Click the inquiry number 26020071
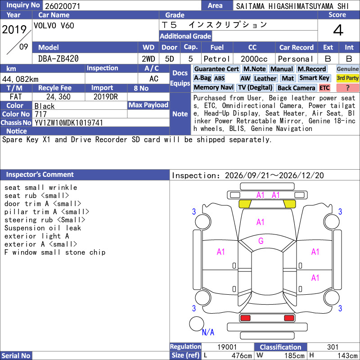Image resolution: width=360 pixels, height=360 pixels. coord(63,6)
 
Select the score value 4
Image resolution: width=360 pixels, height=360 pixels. coord(338,30)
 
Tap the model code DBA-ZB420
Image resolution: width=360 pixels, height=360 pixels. coord(58,59)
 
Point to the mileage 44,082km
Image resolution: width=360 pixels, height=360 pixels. coord(20,79)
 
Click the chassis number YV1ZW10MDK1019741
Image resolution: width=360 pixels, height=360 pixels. coord(68,123)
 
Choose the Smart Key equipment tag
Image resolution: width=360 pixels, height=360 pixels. coord(315,78)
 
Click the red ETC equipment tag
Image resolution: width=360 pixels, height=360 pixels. coord(324,88)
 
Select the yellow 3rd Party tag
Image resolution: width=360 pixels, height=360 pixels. coord(347,78)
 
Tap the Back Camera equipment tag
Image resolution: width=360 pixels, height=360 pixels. coord(296,88)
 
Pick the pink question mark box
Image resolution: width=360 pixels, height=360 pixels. coord(347,88)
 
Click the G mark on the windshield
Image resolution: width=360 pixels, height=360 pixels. coord(261,241)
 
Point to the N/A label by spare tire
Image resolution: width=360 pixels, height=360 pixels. coord(208,332)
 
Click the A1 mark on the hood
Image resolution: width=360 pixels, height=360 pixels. coord(261,222)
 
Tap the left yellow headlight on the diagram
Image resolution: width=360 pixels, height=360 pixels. coord(245,204)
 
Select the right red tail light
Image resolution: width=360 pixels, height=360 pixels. coord(289,318)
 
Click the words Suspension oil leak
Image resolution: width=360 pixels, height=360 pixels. coord(43,228)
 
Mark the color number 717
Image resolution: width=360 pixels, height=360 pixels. coord(40,114)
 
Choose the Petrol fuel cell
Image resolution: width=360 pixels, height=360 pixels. coord(217,59)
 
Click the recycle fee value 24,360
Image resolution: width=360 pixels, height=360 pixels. coord(58,97)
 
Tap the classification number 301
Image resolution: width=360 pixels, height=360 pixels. coord(333,347)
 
